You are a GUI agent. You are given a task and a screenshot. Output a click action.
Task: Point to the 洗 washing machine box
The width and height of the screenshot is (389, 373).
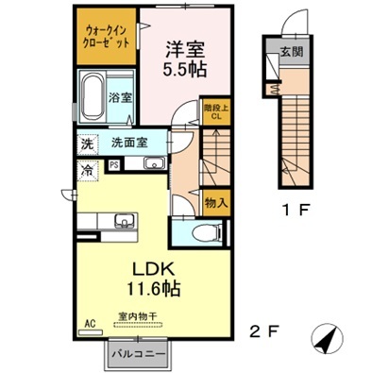click(86, 144)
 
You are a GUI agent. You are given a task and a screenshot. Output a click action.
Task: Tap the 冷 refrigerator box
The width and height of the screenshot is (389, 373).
click(86, 171)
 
